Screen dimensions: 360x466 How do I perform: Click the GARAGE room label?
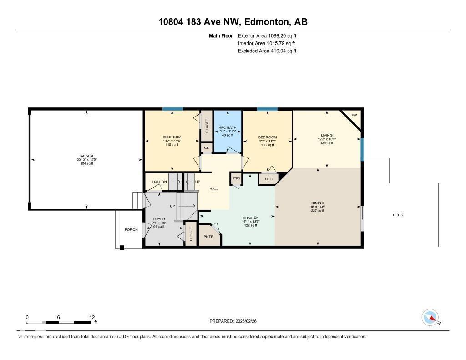86,156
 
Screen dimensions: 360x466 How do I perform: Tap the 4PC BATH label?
228,127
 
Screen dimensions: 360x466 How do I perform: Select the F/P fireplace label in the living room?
355,115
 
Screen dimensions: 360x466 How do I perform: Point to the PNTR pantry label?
208,237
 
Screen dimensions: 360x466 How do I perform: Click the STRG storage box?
236,178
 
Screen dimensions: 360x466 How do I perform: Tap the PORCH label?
131,229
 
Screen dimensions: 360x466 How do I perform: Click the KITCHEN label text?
250,218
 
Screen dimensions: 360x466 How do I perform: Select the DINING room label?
318,203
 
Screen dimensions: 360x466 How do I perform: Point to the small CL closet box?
206,147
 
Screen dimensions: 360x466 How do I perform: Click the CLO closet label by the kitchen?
268,179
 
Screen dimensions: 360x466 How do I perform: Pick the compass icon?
430,317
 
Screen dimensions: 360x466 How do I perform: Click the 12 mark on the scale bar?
92,317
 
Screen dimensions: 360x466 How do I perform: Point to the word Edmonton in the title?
266,21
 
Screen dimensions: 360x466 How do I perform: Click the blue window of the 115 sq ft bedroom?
173,109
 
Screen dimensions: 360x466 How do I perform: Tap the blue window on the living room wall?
362,149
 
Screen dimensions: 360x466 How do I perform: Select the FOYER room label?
159,219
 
